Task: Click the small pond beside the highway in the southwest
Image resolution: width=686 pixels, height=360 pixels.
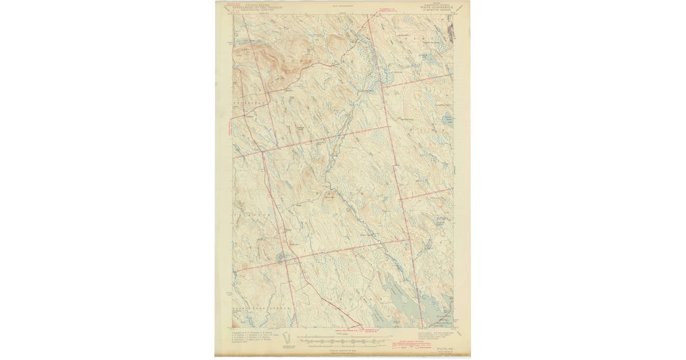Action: coord(280,257)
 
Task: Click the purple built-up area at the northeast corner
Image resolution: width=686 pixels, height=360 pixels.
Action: coord(449,31)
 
